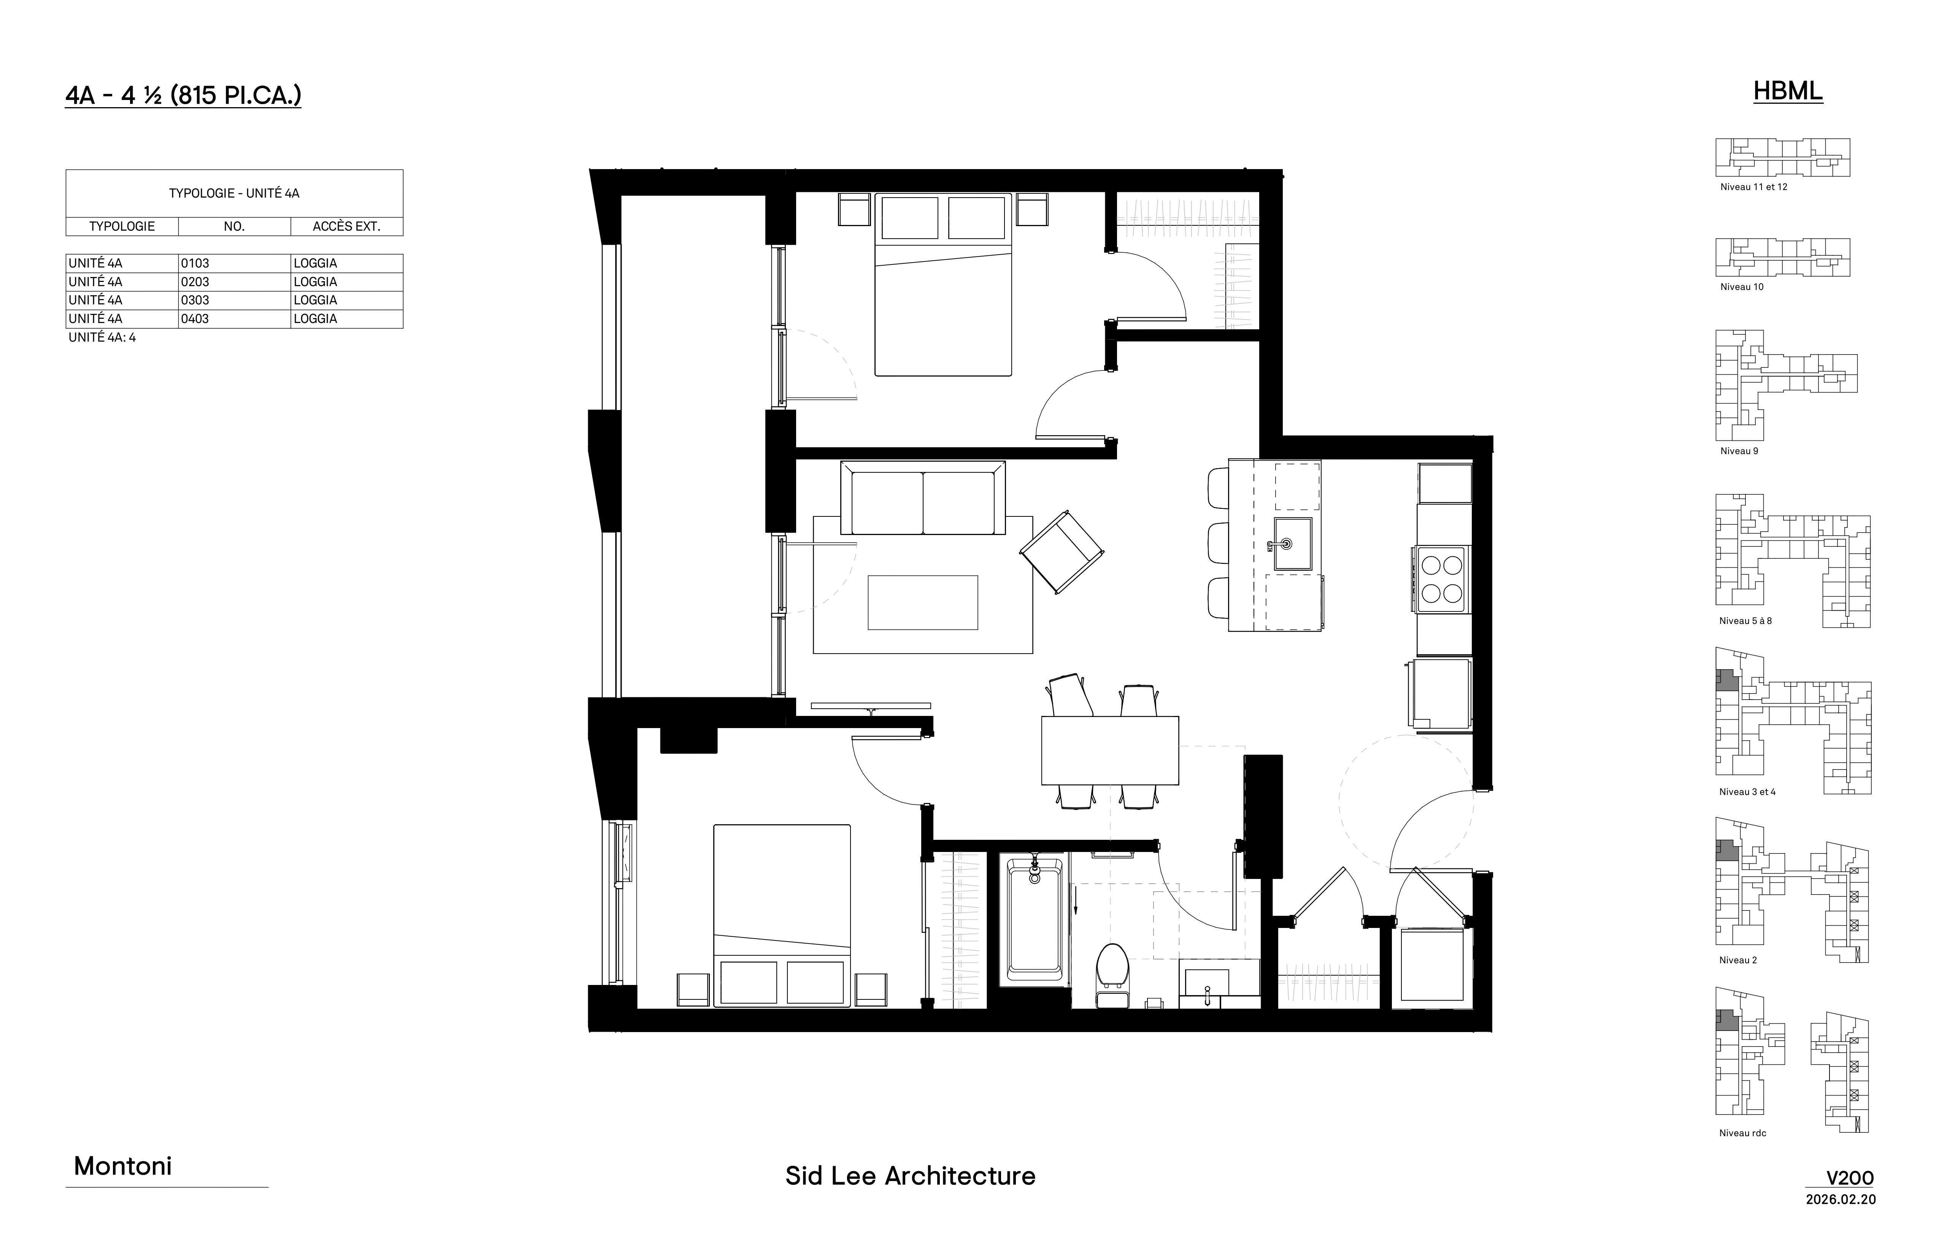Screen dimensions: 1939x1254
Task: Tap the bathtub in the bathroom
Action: pyautogui.click(x=1035, y=920)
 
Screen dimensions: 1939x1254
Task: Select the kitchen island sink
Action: pyautogui.click(x=1292, y=544)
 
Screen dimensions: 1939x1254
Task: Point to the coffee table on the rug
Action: pyautogui.click(x=922, y=603)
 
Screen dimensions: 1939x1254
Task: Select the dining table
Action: pyautogui.click(x=1110, y=750)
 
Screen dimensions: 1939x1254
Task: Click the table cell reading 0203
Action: pyautogui.click(x=195, y=282)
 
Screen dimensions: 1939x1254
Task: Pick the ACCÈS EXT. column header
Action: pyautogui.click(x=346, y=226)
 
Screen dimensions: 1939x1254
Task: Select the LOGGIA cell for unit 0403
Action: pyautogui.click(x=315, y=318)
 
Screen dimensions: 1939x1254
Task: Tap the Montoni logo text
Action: pyautogui.click(x=123, y=1166)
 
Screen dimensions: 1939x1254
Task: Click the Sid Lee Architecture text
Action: pyautogui.click(x=910, y=1176)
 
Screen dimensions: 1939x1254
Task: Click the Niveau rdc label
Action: pyautogui.click(x=1743, y=1133)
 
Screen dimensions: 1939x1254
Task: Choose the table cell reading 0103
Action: pyautogui.click(x=195, y=263)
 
